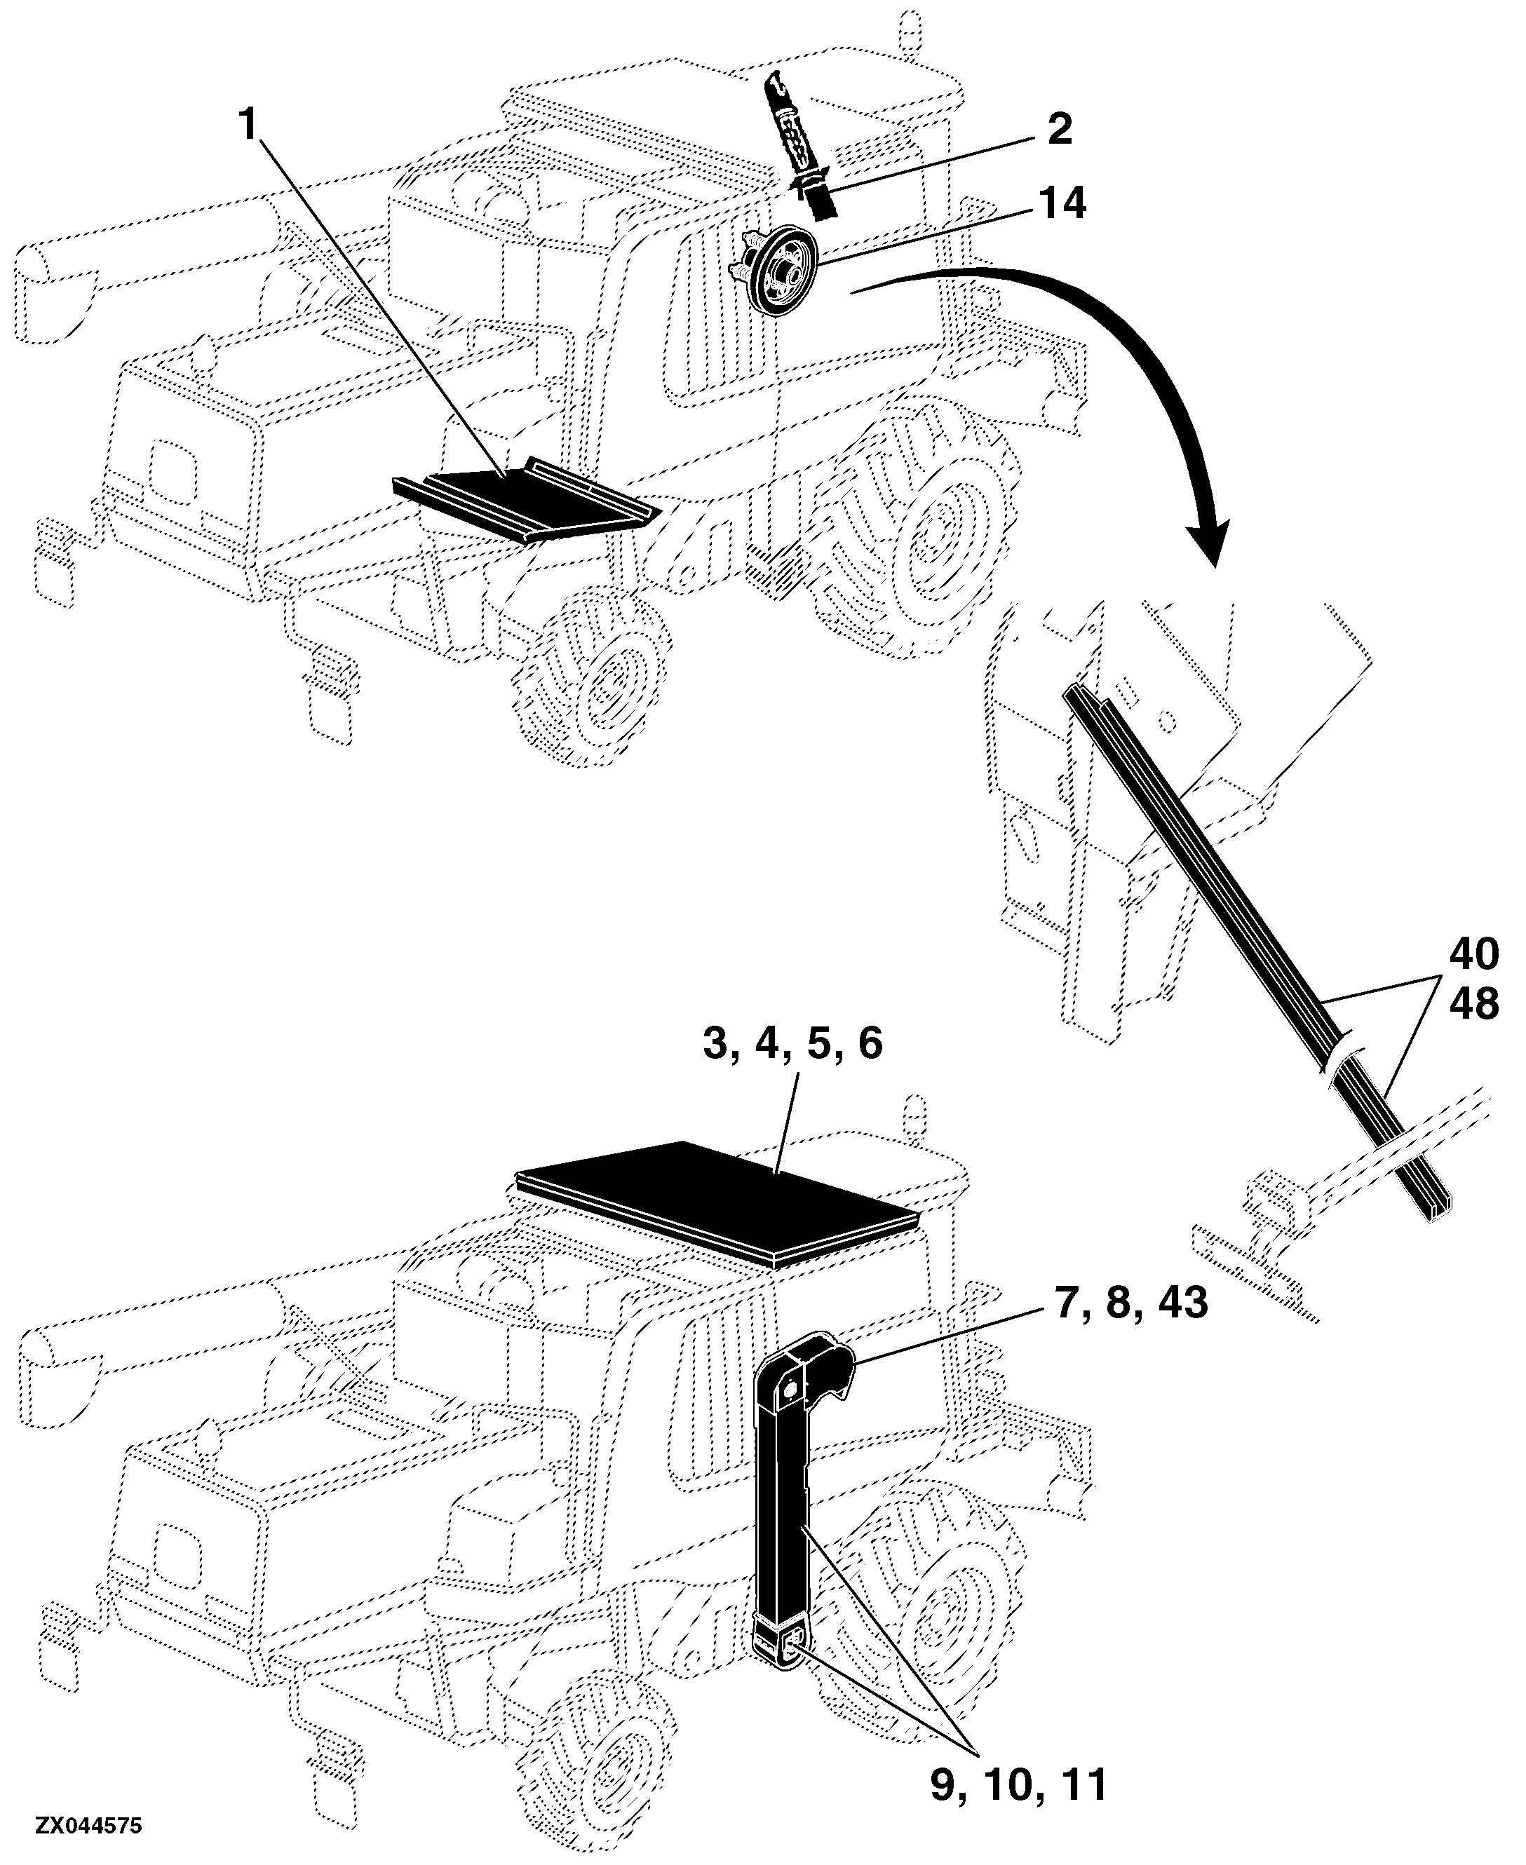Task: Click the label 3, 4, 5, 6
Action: point(792,1044)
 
